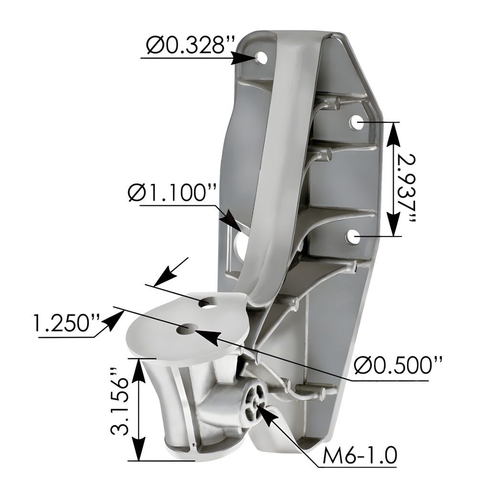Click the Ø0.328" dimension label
191,46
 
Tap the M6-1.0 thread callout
360,456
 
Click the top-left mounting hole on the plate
261,58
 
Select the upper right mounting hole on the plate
356,123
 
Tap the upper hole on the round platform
208,303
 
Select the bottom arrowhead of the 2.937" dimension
393,224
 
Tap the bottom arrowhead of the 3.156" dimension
138,449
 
